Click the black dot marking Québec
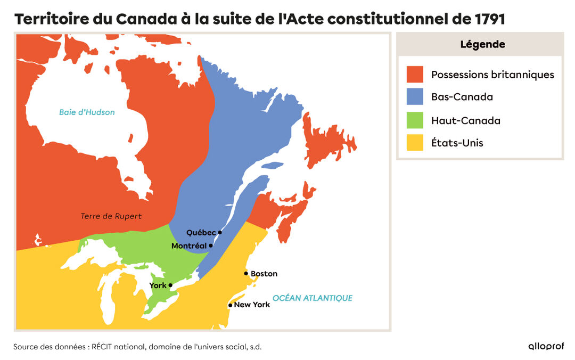[x=220, y=232]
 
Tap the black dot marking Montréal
[x=211, y=246]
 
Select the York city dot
[x=170, y=285]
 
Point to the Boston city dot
[x=246, y=274]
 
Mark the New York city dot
[x=230, y=305]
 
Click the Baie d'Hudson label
[x=87, y=112]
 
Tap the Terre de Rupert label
[x=111, y=216]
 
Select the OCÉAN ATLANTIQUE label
[x=312, y=298]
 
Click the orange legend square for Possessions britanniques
[x=415, y=75]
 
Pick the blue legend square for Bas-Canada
[x=415, y=97]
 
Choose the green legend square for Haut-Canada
[x=415, y=120]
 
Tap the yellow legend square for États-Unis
[x=415, y=143]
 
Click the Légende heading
[x=482, y=45]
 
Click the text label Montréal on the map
[x=189, y=246]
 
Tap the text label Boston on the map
[x=264, y=274]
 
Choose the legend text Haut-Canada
[x=465, y=120]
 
